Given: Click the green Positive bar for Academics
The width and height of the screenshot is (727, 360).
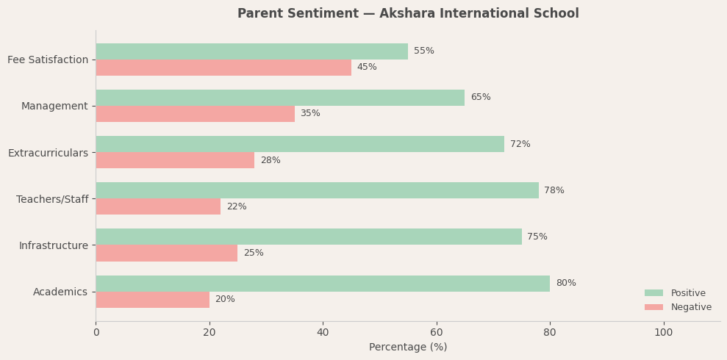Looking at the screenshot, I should pyautogui.click(x=323, y=284).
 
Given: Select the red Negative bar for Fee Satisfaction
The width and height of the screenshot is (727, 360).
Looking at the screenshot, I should pyautogui.click(x=223, y=68).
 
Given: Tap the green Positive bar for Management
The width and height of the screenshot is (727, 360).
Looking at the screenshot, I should pyautogui.click(x=280, y=98).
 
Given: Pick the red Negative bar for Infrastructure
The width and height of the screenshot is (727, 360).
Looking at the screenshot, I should pyautogui.click(x=167, y=253).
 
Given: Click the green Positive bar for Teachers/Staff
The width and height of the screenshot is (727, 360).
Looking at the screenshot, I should pyautogui.click(x=317, y=190).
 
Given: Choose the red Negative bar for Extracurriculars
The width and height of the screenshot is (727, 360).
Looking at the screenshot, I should pyautogui.click(x=175, y=160).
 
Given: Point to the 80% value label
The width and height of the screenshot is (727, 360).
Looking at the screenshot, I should pyautogui.click(x=566, y=284).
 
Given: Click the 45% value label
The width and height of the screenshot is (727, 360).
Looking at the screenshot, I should pyautogui.click(x=367, y=68).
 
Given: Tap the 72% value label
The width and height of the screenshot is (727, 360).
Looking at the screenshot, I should pyautogui.click(x=520, y=145).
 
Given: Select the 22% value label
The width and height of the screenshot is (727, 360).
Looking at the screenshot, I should pyautogui.click(x=237, y=207).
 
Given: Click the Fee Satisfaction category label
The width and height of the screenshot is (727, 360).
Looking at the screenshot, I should pyautogui.click(x=48, y=60).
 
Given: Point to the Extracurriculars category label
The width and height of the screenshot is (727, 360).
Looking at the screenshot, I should pyautogui.click(x=48, y=153).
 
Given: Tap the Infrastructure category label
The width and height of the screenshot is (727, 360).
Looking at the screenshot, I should pyautogui.click(x=54, y=245).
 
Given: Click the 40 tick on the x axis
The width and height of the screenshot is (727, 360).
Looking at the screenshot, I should pyautogui.click(x=323, y=333).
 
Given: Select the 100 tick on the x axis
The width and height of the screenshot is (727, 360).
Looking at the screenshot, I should pyautogui.click(x=663, y=333).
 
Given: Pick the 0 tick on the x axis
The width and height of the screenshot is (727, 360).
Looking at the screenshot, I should pyautogui.click(x=96, y=333).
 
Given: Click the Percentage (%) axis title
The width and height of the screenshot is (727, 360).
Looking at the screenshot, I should pyautogui.click(x=408, y=348).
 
